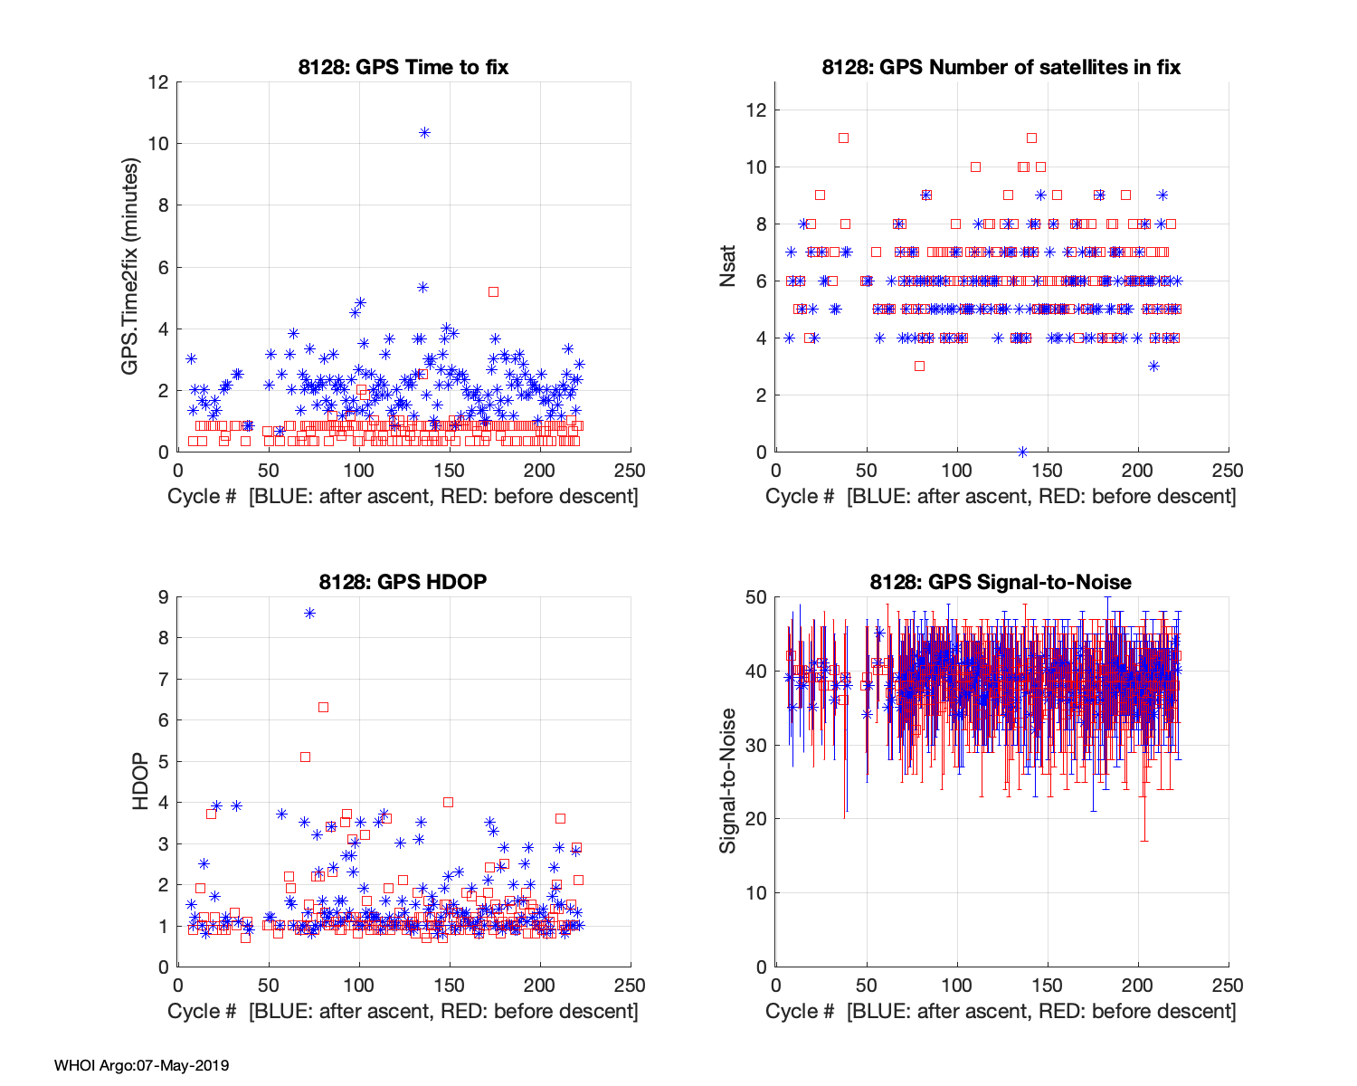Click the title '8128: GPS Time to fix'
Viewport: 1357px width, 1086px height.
tap(403, 67)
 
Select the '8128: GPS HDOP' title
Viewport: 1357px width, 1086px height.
tap(403, 582)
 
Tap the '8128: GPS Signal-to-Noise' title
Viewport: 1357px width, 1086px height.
tap(1001, 582)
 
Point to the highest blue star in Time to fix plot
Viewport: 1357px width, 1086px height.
tap(424, 132)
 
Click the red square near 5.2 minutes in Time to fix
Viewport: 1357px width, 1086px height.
tap(493, 291)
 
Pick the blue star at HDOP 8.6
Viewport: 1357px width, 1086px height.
tap(309, 613)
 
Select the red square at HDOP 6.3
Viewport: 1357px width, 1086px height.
tap(323, 707)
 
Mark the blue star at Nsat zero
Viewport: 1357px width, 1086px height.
tap(1022, 452)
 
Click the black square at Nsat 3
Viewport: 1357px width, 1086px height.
tap(919, 366)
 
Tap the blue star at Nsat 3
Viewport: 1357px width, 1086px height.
tap(1153, 366)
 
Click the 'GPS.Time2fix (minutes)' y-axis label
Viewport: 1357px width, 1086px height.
tap(131, 267)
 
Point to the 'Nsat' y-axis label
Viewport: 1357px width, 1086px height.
tap(728, 267)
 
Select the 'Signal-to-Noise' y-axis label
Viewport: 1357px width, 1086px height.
tap(728, 781)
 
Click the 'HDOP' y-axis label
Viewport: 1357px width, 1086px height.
tap(140, 781)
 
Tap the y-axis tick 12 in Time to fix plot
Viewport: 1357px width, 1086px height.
tap(159, 82)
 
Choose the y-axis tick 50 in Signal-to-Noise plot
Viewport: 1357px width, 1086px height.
tap(756, 597)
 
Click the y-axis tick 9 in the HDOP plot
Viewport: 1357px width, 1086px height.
tap(164, 597)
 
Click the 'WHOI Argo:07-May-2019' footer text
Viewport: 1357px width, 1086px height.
tap(141, 1065)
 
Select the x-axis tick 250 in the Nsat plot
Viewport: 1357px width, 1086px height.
tap(1228, 471)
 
